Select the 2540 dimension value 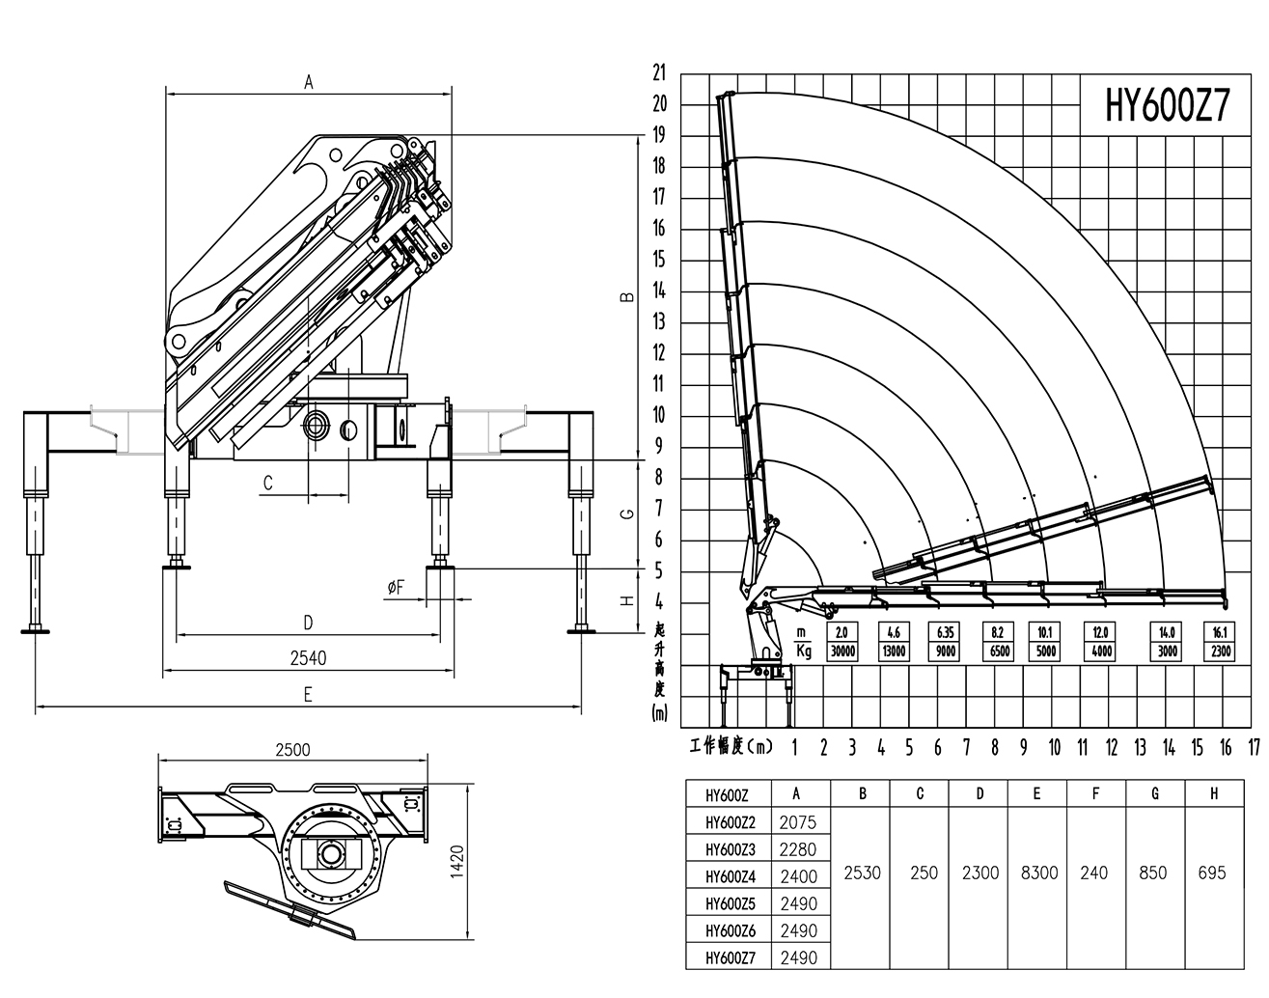(x=308, y=658)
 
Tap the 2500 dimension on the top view (x=292, y=750)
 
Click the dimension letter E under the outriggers (x=308, y=694)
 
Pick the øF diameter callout (x=396, y=589)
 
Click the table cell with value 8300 (x=1038, y=873)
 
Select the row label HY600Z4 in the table (x=730, y=876)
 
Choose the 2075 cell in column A (x=797, y=822)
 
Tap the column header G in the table (x=1154, y=793)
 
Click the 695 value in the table (x=1211, y=873)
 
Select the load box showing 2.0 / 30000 (x=842, y=642)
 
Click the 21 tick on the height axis (x=660, y=72)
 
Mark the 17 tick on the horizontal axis (x=1255, y=747)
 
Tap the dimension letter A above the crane (x=309, y=83)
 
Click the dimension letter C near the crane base (x=268, y=483)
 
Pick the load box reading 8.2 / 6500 (x=998, y=642)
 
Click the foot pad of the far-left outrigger (x=37, y=632)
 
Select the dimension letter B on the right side (x=626, y=297)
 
